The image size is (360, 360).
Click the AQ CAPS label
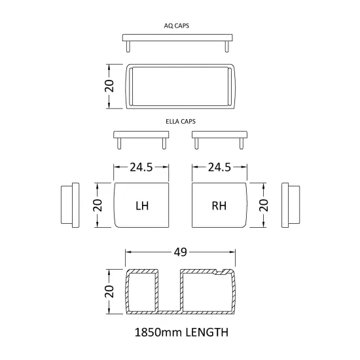(176, 26)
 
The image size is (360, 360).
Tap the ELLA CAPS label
(181, 122)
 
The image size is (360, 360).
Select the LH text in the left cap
(142, 206)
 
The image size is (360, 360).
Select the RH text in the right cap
(219, 206)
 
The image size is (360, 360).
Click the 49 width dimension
(180, 252)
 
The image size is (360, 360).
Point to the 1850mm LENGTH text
(181, 333)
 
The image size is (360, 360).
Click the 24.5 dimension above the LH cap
(141, 168)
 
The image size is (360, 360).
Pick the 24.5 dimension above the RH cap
(219, 168)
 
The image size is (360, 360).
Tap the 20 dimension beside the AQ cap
(109, 86)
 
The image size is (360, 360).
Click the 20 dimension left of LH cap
(98, 206)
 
